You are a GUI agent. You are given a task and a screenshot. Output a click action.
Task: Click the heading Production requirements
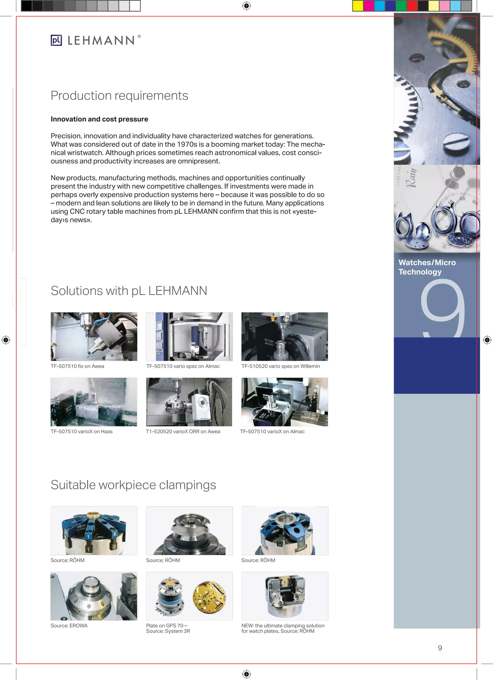click(119, 96)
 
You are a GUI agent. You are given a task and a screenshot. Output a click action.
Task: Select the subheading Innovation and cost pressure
click(99, 119)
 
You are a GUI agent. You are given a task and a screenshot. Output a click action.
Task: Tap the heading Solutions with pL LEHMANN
click(129, 291)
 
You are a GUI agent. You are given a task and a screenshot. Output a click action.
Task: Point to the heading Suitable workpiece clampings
click(133, 485)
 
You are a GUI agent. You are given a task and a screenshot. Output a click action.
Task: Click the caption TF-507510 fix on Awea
click(77, 366)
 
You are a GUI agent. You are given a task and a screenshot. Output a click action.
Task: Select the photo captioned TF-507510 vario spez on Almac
click(189, 337)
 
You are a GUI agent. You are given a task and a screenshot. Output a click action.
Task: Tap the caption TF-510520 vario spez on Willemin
click(281, 366)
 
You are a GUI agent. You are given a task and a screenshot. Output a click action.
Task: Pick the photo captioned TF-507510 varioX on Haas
click(94, 402)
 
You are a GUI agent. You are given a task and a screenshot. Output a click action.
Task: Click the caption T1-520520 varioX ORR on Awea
click(183, 432)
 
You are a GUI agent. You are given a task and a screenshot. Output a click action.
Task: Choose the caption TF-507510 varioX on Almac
click(272, 432)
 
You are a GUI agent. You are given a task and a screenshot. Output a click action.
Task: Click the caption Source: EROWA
click(69, 626)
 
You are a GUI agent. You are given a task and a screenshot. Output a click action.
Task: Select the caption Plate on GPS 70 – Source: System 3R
click(168, 628)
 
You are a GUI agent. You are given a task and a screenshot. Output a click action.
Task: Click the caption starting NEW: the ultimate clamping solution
click(283, 628)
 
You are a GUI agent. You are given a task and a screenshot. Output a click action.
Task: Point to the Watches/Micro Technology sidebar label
click(427, 267)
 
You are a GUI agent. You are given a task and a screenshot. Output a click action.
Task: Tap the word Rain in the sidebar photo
click(412, 178)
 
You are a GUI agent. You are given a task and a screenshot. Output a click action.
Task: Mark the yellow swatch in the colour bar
click(358, 6)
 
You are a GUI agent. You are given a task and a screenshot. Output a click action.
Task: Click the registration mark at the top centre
click(246, 6)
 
